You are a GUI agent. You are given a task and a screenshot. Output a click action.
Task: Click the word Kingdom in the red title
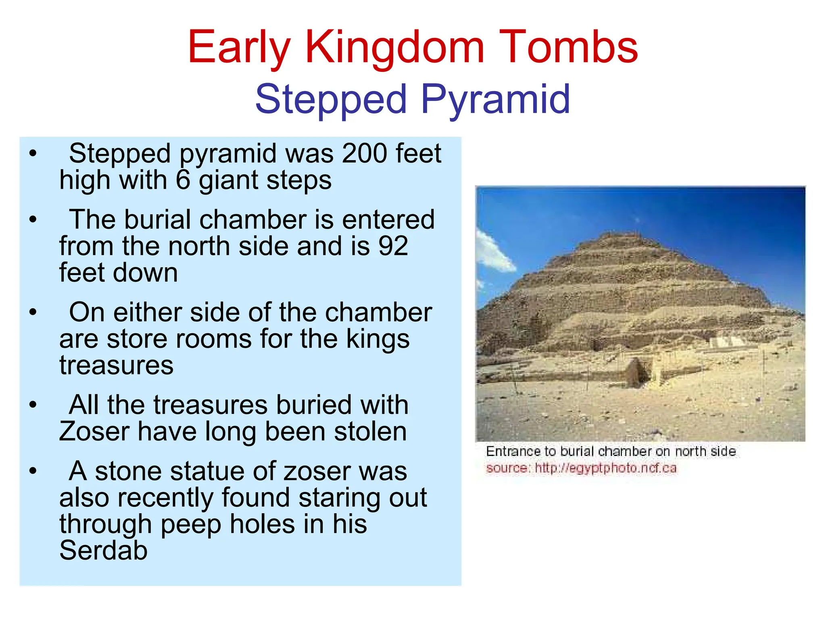point(394,48)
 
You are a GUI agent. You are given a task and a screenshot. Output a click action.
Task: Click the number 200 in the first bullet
point(365,153)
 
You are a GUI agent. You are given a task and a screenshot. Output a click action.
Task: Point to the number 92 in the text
point(393,246)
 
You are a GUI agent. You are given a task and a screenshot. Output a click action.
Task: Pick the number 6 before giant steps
point(183,180)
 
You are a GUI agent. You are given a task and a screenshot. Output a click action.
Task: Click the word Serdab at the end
point(103,550)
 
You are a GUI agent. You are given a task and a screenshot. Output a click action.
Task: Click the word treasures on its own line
point(116,365)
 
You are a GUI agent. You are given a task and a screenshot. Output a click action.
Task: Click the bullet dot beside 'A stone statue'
point(33,471)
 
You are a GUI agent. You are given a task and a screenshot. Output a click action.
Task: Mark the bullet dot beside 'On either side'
point(33,312)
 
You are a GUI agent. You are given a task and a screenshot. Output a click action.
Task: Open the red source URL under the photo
point(605,468)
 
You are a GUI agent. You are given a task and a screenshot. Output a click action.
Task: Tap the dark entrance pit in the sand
point(640,373)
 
